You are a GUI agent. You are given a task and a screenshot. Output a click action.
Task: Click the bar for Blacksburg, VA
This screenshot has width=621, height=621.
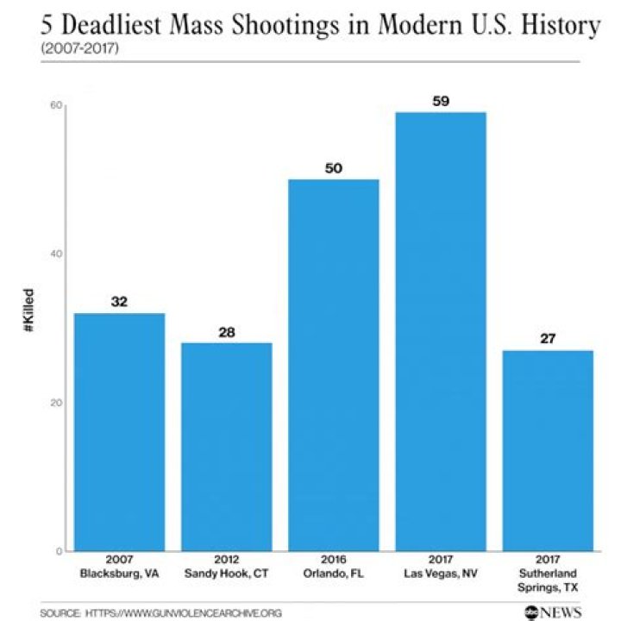pyautogui.click(x=119, y=431)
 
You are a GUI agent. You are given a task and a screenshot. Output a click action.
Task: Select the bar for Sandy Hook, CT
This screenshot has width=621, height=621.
pyautogui.click(x=226, y=446)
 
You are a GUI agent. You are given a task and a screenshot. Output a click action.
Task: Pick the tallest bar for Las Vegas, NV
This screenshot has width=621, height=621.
pyautogui.click(x=441, y=331)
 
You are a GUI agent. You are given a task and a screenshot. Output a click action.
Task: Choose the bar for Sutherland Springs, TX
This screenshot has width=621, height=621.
pyautogui.click(x=548, y=450)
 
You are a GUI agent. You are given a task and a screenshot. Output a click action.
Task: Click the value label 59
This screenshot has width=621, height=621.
pyautogui.click(x=441, y=101)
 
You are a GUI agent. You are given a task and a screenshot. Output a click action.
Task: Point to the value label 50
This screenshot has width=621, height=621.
pyautogui.click(x=334, y=168)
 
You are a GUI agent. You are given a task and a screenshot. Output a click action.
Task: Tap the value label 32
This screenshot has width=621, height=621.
pyautogui.click(x=119, y=302)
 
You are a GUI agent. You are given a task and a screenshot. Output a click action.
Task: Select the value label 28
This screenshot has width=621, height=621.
pyautogui.click(x=226, y=331)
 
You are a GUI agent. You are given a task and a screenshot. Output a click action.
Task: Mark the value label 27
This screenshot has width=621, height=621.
pyautogui.click(x=548, y=339)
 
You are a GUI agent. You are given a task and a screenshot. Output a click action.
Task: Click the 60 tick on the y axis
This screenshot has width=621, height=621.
pyautogui.click(x=58, y=105)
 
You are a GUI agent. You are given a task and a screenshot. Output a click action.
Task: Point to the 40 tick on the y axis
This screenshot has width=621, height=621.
pyautogui.click(x=58, y=254)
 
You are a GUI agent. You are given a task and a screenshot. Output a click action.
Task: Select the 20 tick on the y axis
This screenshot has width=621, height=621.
pyautogui.click(x=58, y=403)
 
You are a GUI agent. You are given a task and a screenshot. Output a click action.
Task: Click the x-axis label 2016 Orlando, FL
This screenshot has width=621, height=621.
pyautogui.click(x=334, y=566)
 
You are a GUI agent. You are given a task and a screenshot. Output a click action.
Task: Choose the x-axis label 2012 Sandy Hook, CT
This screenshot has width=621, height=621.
pyautogui.click(x=226, y=566)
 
